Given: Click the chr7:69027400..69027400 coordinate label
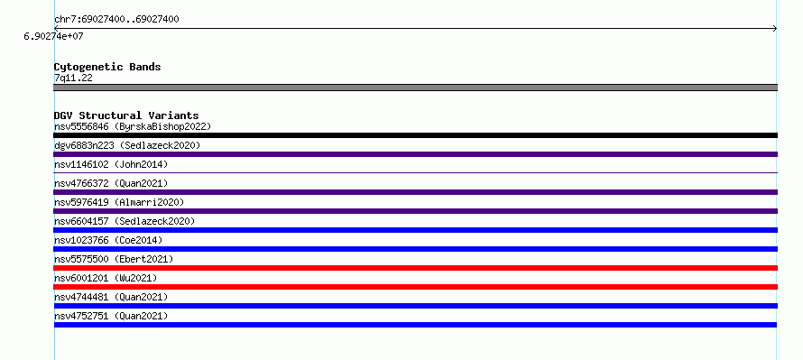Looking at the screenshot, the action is [x=116, y=20].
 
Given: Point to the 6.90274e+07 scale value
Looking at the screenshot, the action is [x=53, y=36].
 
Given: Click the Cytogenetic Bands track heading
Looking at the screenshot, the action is [x=107, y=67].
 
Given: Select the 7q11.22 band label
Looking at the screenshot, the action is [x=73, y=78].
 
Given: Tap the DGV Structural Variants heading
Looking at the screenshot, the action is [x=126, y=115].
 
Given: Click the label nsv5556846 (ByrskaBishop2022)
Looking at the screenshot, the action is [x=133, y=126].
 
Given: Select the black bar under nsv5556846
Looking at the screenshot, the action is [x=415, y=135].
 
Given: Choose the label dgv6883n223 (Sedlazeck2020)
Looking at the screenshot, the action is [x=127, y=145].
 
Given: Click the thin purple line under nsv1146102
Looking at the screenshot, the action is [x=415, y=173].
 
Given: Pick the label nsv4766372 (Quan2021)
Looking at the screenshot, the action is [x=111, y=183].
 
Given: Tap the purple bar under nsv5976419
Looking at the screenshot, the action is [x=415, y=211].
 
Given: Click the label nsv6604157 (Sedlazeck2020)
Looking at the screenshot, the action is [x=125, y=221].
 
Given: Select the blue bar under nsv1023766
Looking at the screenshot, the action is [x=415, y=249].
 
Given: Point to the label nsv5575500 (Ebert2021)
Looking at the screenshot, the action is [x=114, y=259].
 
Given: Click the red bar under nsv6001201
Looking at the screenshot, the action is [x=415, y=287].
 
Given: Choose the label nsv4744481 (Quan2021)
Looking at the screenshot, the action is [x=111, y=297].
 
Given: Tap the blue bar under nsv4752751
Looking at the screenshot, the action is [x=415, y=325].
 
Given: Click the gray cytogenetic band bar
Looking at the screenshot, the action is [x=415, y=88].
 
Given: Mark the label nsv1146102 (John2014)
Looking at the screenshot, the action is [x=111, y=164].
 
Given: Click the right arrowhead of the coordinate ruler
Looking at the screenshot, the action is [x=775, y=29].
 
